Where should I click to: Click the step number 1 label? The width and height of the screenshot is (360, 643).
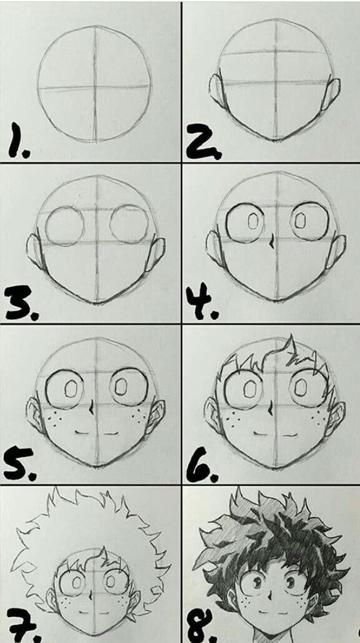18,140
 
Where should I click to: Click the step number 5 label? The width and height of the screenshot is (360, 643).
20,464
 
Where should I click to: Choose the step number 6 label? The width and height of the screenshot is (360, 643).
203,464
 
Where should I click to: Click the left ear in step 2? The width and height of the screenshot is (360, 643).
216,90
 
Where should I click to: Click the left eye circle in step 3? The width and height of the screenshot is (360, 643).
65,226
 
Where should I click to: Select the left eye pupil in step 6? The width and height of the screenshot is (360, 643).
249,387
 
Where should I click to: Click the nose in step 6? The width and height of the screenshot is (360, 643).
271,408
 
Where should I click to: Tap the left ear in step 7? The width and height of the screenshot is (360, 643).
52,599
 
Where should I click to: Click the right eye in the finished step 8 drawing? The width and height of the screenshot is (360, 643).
290,583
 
